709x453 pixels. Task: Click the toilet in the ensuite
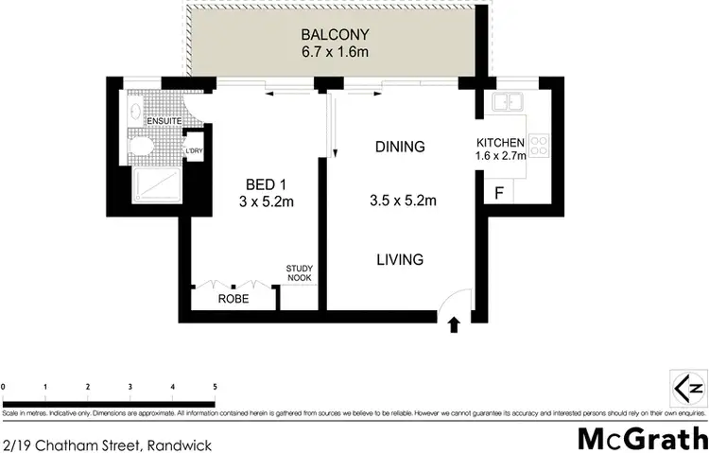click(x=140, y=146)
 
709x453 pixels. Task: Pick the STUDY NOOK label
click(x=300, y=273)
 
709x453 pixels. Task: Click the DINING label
click(x=400, y=147)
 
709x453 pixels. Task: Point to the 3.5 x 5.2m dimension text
click(x=402, y=200)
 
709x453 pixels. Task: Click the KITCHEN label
click(x=499, y=143)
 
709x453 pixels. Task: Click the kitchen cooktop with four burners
click(x=539, y=145)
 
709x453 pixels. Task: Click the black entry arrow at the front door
click(x=453, y=325)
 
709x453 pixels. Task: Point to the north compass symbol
click(x=687, y=388)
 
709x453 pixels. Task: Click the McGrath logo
click(x=642, y=438)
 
